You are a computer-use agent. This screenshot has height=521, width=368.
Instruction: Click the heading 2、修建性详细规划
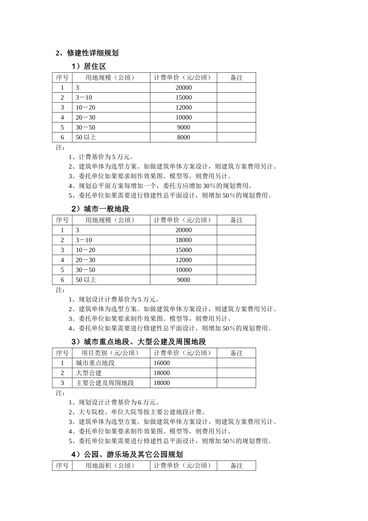(87, 53)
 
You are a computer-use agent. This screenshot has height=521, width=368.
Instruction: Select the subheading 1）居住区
(89, 67)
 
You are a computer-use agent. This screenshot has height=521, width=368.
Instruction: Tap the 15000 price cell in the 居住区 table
(183, 98)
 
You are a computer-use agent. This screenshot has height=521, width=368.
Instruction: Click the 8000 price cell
(183, 137)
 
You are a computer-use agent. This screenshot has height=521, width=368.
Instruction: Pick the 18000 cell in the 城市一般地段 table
(183, 240)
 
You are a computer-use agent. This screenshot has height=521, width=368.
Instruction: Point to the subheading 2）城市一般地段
(100, 209)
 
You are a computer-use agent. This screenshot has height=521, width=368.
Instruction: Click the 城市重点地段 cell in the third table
(95, 363)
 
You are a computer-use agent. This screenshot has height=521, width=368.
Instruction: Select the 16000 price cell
(162, 363)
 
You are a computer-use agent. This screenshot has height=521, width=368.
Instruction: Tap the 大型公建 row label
(89, 373)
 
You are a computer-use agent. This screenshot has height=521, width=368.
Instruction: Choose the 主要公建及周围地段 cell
(105, 383)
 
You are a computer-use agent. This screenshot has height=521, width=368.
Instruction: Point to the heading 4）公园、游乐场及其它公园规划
(127, 454)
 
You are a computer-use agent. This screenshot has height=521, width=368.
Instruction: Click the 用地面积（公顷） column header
(110, 466)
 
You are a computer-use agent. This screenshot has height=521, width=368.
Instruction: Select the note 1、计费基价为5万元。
(101, 157)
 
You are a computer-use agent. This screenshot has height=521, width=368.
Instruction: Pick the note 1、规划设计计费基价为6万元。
(114, 402)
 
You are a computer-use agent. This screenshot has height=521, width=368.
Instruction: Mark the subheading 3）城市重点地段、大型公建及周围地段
(139, 342)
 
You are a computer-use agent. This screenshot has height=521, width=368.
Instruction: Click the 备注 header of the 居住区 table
(236, 78)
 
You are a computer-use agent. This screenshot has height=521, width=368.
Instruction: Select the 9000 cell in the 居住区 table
(183, 128)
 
